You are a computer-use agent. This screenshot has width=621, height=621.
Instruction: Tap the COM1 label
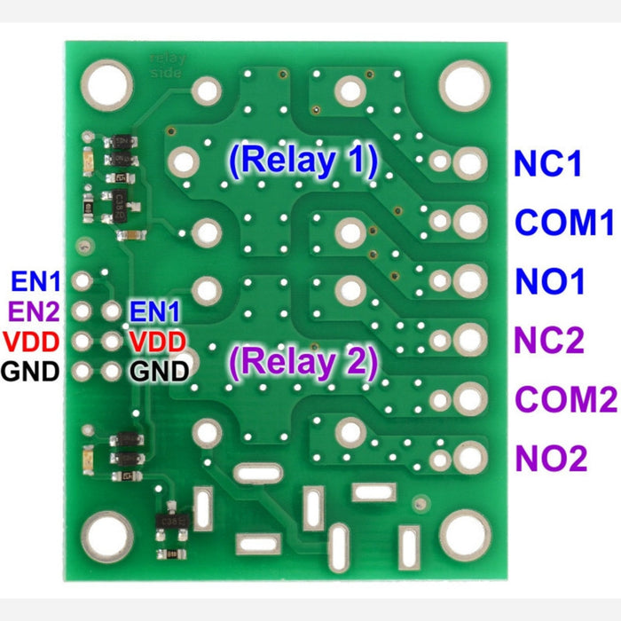pyautogui.click(x=565, y=223)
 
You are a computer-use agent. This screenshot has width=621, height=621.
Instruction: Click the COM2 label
pyautogui.click(x=566, y=399)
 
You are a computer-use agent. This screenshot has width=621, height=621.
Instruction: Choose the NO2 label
pyautogui.click(x=549, y=458)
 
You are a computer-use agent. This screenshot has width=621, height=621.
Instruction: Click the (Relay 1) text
pyautogui.click(x=303, y=161)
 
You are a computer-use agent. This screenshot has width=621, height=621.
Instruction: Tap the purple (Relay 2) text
pyautogui.click(x=303, y=362)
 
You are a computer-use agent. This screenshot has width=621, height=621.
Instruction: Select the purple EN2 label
pyautogui.click(x=35, y=312)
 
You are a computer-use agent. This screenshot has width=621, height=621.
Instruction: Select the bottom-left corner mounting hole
pyautogui.click(x=108, y=537)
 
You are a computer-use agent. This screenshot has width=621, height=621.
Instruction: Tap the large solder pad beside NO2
pyautogui.click(x=470, y=458)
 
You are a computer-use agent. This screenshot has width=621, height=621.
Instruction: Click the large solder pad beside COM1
pyautogui.click(x=470, y=222)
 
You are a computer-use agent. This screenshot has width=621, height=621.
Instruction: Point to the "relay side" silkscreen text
pyautogui.click(x=164, y=66)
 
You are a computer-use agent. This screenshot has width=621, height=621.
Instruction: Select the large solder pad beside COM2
pyautogui.click(x=470, y=399)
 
